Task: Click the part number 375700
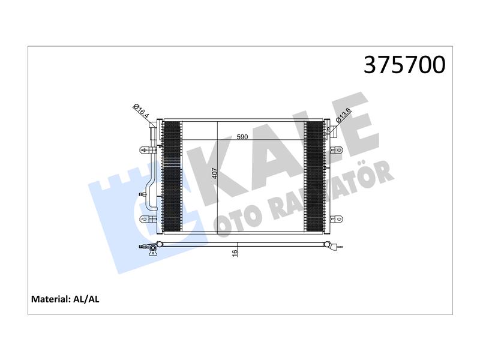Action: pyautogui.click(x=404, y=65)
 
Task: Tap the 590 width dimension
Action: pyautogui.click(x=242, y=137)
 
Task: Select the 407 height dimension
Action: pyautogui.click(x=215, y=173)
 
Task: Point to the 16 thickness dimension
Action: pyautogui.click(x=235, y=253)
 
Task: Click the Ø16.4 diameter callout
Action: pyautogui.click(x=141, y=111)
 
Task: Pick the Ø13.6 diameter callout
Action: pyautogui.click(x=343, y=116)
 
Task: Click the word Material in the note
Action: pyautogui.click(x=51, y=299)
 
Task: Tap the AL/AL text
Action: pyautogui.click(x=86, y=299)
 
